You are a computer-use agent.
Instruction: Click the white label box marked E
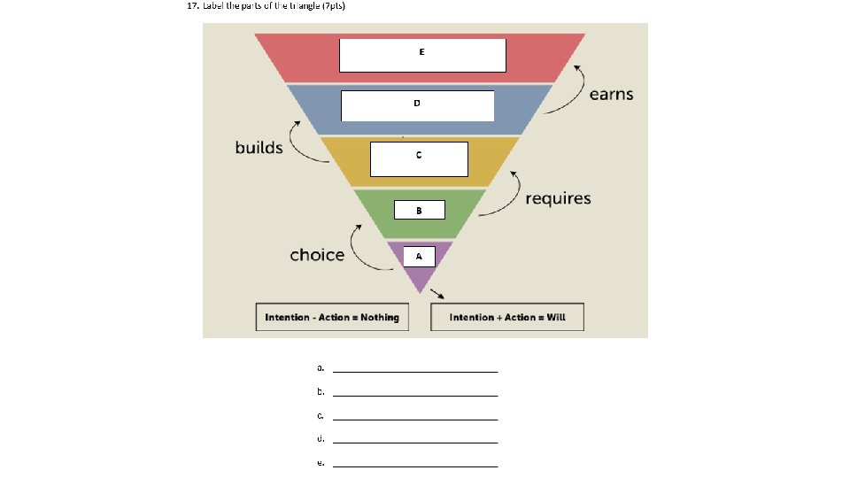pyautogui.click(x=422, y=55)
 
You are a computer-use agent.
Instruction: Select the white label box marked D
pyautogui.click(x=417, y=106)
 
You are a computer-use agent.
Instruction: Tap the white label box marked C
pyautogui.click(x=419, y=159)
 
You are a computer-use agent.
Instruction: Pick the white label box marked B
pyautogui.click(x=419, y=211)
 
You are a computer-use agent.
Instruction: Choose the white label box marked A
pyautogui.click(x=420, y=256)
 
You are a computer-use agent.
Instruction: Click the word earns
pyautogui.click(x=612, y=95)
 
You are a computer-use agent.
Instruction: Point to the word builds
pyautogui.click(x=259, y=147)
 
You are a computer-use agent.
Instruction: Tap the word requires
pyautogui.click(x=558, y=198)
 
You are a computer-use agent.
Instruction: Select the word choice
pyautogui.click(x=317, y=255)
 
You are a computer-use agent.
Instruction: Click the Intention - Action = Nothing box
pyautogui.click(x=332, y=317)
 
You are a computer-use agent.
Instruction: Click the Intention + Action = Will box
pyautogui.click(x=507, y=317)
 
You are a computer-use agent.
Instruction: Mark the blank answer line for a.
pyautogui.click(x=415, y=370)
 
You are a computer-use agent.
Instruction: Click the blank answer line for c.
pyautogui.click(x=415, y=418)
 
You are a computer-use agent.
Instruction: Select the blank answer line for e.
pyautogui.click(x=415, y=465)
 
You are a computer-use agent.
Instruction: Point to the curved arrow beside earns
pyautogui.click(x=568, y=89)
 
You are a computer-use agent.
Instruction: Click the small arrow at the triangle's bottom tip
pyautogui.click(x=437, y=295)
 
